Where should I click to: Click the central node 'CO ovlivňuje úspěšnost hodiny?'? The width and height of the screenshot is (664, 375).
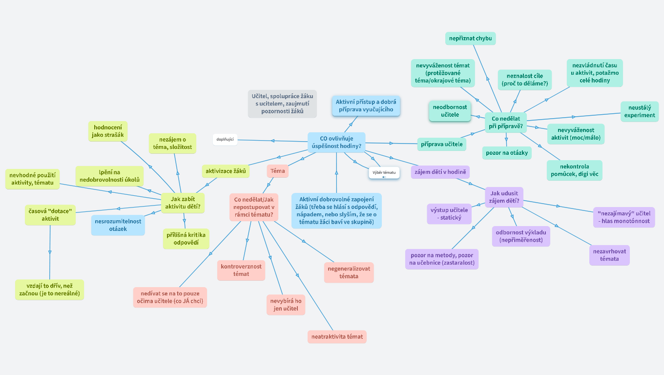pos(336,142)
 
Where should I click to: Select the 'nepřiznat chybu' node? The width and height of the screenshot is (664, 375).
pos(471,39)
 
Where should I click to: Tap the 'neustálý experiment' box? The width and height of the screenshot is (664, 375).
pos(640,111)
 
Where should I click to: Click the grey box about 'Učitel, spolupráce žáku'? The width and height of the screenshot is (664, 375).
pos(282,104)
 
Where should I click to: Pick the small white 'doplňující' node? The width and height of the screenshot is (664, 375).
pos(225,140)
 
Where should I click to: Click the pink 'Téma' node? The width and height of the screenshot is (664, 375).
pos(278,171)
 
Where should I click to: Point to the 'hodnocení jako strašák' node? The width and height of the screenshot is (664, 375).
pos(108,131)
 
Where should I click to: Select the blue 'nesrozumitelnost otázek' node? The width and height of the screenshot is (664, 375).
pos(118,225)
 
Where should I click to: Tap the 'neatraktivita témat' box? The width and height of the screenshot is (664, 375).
pos(337,336)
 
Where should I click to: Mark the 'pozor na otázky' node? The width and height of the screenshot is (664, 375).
pos(507,153)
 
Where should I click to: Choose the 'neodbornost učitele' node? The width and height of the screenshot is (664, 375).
pos(450,111)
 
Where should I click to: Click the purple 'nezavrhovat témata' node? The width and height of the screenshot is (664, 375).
pos(609,255)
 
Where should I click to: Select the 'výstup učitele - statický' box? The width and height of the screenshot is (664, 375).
pos(449,214)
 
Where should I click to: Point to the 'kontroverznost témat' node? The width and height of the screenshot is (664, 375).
pos(241,270)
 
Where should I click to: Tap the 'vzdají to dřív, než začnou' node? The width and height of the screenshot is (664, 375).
pos(49,290)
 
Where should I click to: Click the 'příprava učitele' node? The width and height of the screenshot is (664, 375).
pos(441,144)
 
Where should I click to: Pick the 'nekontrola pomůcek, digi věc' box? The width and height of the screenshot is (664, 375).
pos(574,170)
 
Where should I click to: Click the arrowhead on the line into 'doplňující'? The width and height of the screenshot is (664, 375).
pos(273,141)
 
